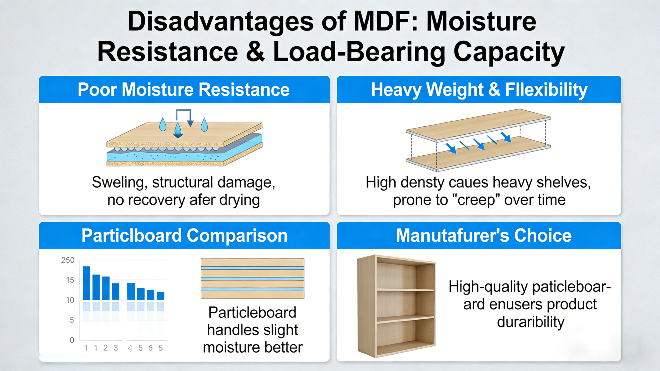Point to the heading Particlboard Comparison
(x=184, y=236)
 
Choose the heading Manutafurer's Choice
(x=484, y=235)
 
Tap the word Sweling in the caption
(x=119, y=183)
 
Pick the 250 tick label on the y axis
(x=68, y=260)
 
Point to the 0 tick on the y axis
(x=72, y=340)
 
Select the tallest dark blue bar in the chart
(x=86, y=283)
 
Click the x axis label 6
(x=150, y=348)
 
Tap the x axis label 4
(x=130, y=348)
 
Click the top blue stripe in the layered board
(x=252, y=268)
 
